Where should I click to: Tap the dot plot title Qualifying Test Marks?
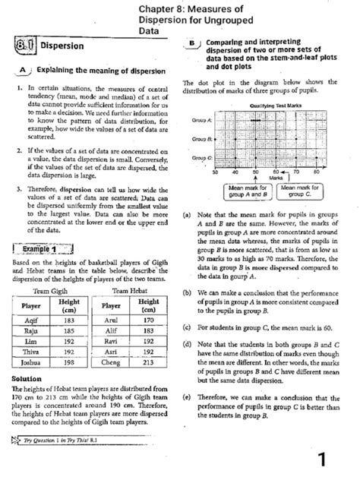click(271, 106)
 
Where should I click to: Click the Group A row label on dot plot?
click(203, 120)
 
